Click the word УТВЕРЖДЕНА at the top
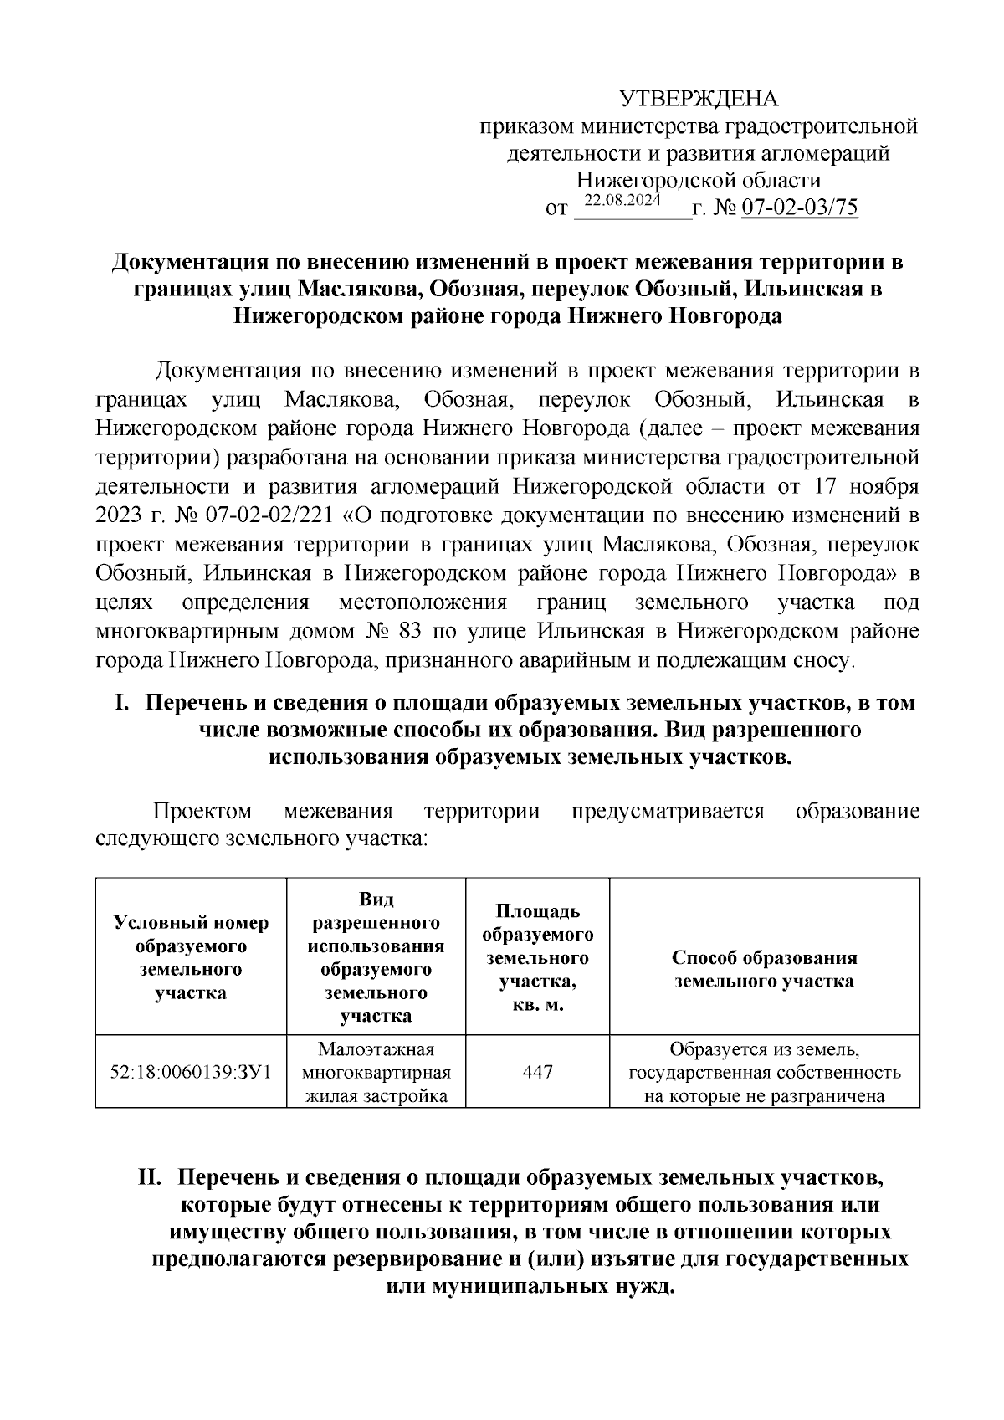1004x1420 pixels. coord(699,100)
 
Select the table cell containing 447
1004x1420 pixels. coord(537,1072)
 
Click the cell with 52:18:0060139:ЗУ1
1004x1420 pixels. coord(191,1072)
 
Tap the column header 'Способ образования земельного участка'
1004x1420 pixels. coord(764,970)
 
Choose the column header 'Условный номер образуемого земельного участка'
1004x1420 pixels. coord(191,958)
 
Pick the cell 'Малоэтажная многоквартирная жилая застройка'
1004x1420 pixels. coord(376,1072)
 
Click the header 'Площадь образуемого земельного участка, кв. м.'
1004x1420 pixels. coord(537,958)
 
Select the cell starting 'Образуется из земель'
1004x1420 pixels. coord(764,1072)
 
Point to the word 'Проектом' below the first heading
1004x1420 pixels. coord(202,812)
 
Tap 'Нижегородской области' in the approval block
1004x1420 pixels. coord(699,181)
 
